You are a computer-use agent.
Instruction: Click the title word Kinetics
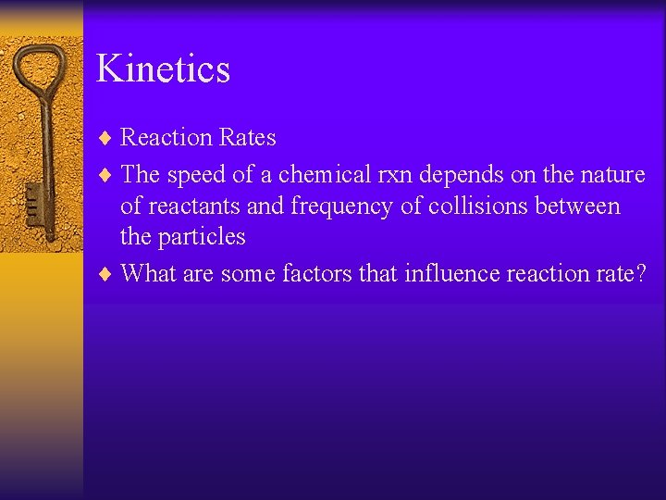tap(163, 69)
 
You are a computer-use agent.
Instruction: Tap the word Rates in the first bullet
tap(247, 138)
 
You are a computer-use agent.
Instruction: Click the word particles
tap(201, 237)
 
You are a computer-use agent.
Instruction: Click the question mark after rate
tap(638, 273)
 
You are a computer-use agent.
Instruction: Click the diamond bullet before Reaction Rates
tap(105, 139)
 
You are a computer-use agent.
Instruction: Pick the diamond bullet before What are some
tap(105, 274)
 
